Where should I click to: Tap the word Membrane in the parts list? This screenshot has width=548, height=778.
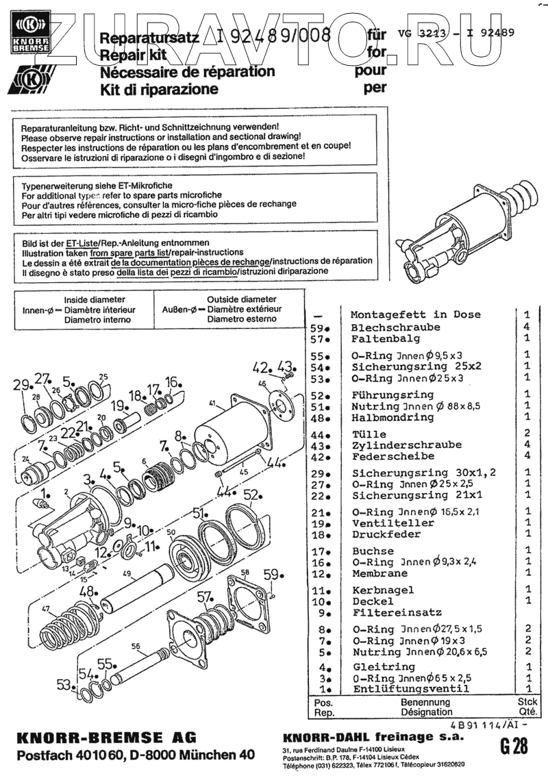[x=379, y=573]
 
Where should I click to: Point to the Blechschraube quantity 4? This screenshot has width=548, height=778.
[x=527, y=327]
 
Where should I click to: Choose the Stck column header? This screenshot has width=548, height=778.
[x=527, y=702]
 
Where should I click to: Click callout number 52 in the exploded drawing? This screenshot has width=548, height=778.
[x=251, y=495]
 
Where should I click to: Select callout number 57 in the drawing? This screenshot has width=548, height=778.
[x=204, y=598]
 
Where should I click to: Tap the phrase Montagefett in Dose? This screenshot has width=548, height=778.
[x=425, y=315]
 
